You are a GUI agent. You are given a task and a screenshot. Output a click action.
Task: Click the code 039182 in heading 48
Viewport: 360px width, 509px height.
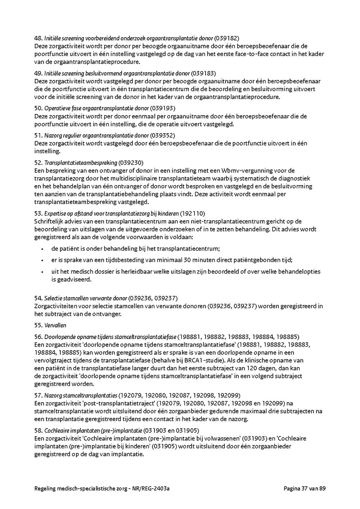pyautogui.click(x=227, y=38)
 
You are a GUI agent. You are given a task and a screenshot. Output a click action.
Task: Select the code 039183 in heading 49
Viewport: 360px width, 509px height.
pyautogui.click(x=203, y=74)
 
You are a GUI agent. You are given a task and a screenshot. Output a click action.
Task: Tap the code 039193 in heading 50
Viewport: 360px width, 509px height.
pyautogui.click(x=163, y=108)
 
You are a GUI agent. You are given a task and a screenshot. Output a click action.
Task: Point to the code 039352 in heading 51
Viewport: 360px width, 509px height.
pyautogui.click(x=162, y=136)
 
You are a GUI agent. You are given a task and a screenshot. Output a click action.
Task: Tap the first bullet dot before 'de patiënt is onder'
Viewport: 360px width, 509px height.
pyautogui.click(x=42, y=249)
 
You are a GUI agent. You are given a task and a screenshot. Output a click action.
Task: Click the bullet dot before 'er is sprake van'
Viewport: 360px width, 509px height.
pyautogui.click(x=42, y=260)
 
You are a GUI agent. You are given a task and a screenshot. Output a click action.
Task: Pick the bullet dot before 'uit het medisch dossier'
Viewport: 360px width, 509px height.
pyautogui.click(x=42, y=272)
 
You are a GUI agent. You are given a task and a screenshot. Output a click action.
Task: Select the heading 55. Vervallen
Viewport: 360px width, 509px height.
pyautogui.click(x=50, y=325)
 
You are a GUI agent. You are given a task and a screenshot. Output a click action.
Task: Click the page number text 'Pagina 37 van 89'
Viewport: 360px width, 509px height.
pyautogui.click(x=304, y=489)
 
